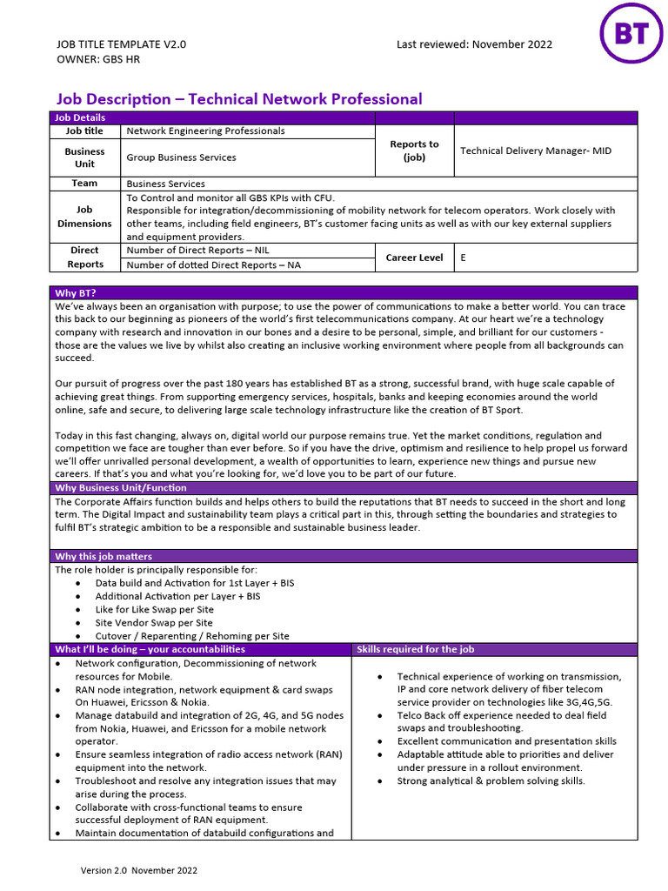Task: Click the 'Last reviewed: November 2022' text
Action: [474, 44]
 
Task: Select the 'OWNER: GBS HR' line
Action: [97, 59]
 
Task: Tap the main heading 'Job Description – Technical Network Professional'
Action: [239, 99]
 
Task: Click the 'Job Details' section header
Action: [80, 117]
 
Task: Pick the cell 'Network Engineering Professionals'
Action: [205, 131]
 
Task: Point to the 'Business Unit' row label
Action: [84, 157]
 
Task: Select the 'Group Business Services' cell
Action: [181, 157]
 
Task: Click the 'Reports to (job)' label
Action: [414, 151]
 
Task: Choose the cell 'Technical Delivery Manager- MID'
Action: [535, 151]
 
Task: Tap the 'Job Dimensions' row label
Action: [84, 217]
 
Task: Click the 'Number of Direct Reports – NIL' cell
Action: [197, 251]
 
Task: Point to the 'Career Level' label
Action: [414, 258]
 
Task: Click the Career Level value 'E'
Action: [463, 258]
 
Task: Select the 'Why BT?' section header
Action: [75, 292]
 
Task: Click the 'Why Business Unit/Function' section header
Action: [120, 488]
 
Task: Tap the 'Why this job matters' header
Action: [103, 556]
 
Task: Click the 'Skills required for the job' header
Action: [416, 649]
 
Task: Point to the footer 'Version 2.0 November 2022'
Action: [139, 870]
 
